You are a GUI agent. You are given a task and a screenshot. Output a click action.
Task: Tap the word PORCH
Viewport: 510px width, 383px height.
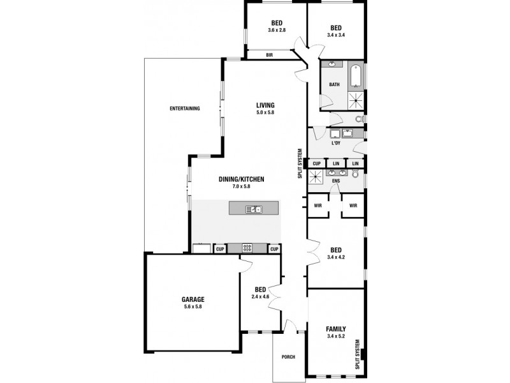tap(288, 356)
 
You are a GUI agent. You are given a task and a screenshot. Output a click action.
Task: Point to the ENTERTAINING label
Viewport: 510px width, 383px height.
tap(185, 109)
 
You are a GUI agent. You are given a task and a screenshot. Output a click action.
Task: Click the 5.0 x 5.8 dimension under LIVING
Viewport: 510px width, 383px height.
tap(265, 113)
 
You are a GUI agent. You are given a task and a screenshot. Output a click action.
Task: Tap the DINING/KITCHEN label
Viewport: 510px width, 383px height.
tap(242, 179)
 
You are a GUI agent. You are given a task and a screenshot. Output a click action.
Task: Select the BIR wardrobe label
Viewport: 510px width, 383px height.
tap(269, 56)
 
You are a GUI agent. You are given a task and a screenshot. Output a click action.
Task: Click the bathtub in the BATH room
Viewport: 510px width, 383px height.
tap(354, 76)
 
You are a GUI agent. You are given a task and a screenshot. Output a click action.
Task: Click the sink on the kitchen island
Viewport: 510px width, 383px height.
tap(253, 209)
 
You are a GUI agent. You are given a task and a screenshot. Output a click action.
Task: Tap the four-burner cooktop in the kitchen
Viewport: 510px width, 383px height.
tap(247, 248)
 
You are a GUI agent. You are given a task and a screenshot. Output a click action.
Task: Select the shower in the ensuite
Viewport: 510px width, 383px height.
tap(315, 177)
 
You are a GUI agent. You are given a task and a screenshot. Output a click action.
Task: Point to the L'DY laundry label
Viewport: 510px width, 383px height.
tap(335, 144)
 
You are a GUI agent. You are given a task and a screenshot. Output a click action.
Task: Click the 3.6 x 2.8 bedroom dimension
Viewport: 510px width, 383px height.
tap(277, 30)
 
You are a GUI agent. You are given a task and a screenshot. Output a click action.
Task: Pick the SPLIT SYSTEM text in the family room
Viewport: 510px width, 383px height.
tap(358, 356)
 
